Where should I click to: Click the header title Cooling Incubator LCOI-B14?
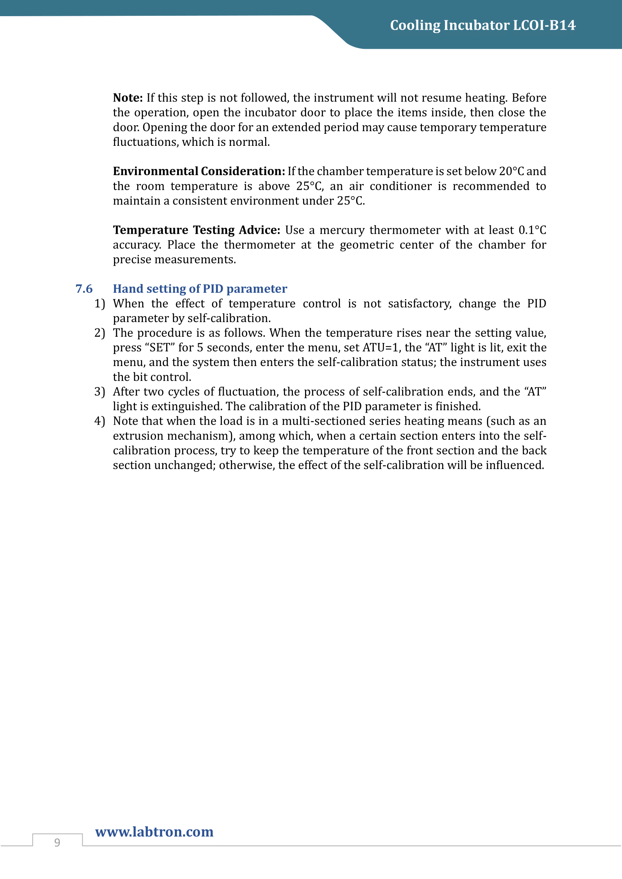click(482, 25)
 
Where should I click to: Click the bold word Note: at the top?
click(128, 98)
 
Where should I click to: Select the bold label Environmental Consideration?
click(199, 171)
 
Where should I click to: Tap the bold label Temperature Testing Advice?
click(196, 230)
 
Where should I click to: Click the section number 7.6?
click(84, 289)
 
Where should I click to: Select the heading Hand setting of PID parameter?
click(200, 289)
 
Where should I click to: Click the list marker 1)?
click(100, 304)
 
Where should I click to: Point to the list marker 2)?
click(100, 333)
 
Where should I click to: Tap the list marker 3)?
click(100, 392)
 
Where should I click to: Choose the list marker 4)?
click(100, 421)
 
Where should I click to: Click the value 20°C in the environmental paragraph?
click(511, 171)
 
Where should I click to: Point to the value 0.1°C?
click(532, 230)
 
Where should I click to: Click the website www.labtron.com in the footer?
click(154, 832)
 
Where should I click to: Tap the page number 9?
click(57, 843)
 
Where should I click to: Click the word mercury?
click(342, 230)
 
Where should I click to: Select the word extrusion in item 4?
click(138, 436)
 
